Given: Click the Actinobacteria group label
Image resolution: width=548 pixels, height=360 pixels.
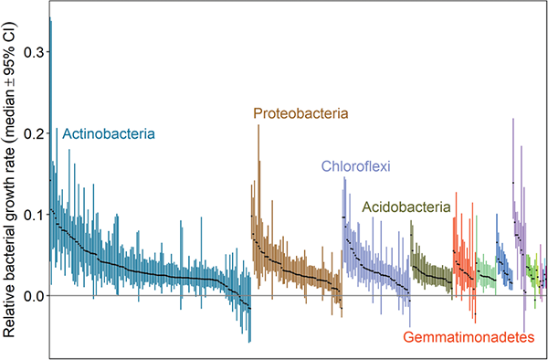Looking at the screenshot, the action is click(109, 134).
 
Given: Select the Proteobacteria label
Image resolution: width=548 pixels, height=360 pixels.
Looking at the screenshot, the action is click(300, 113).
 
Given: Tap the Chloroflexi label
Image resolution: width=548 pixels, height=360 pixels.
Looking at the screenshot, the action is click(356, 166).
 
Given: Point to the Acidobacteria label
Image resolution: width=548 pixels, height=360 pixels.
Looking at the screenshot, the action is click(406, 207).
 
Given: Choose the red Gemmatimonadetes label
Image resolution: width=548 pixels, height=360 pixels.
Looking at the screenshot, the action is click(469, 337).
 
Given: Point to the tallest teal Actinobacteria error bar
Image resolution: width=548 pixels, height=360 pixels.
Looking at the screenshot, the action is click(50, 139).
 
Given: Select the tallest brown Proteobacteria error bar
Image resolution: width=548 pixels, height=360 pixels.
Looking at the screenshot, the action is click(258, 206).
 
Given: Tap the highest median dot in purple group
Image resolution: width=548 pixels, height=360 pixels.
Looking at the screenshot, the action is click(513, 183).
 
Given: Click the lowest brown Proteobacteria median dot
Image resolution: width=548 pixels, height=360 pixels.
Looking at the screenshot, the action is click(342, 308).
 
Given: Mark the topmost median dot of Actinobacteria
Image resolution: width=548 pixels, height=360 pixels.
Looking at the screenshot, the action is click(50, 180).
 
